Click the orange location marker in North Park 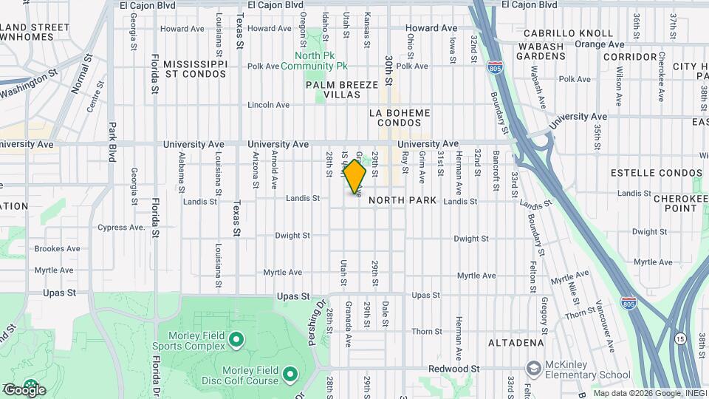(355, 177)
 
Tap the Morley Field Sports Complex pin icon (236, 340)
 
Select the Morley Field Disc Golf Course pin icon (290, 375)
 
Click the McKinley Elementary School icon (533, 368)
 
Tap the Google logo (24, 389)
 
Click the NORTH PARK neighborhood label (402, 200)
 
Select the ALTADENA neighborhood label (516, 343)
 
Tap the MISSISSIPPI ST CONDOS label (195, 69)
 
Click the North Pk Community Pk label (320, 61)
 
